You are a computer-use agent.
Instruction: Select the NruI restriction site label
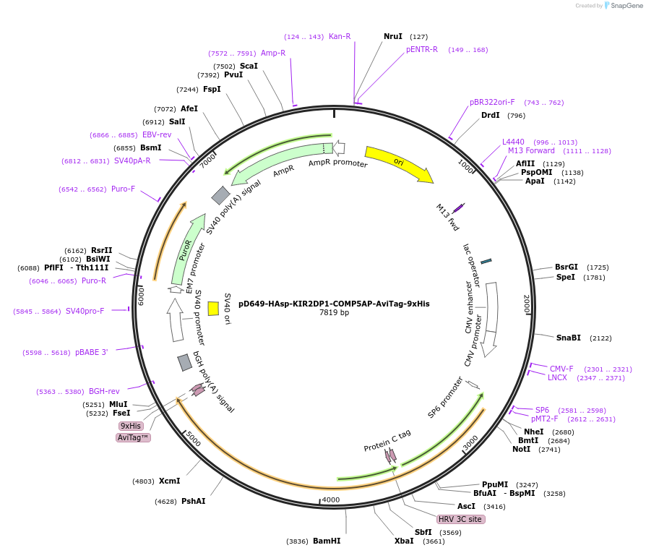pos(393,36)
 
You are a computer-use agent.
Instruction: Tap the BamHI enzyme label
pos(327,541)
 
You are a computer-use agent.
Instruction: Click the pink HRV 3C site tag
pos(460,519)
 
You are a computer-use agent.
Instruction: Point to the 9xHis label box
pos(131,426)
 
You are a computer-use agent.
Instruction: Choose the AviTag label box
pos(133,437)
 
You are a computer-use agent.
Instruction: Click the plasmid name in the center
pos(334,304)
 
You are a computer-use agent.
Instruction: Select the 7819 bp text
pos(334,313)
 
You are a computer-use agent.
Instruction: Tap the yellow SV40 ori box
pos(213,309)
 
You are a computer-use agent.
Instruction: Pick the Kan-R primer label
pos(340,36)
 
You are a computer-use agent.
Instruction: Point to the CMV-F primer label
pos(561,369)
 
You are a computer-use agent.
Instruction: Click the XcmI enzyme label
pos(169,481)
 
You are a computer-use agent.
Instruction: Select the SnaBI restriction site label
pos(568,338)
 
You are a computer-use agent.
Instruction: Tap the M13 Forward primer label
pos(531,151)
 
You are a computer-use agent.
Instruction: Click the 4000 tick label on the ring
pos(330,500)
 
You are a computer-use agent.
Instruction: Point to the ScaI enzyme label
pos(249,66)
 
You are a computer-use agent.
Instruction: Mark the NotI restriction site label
pos(521,449)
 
